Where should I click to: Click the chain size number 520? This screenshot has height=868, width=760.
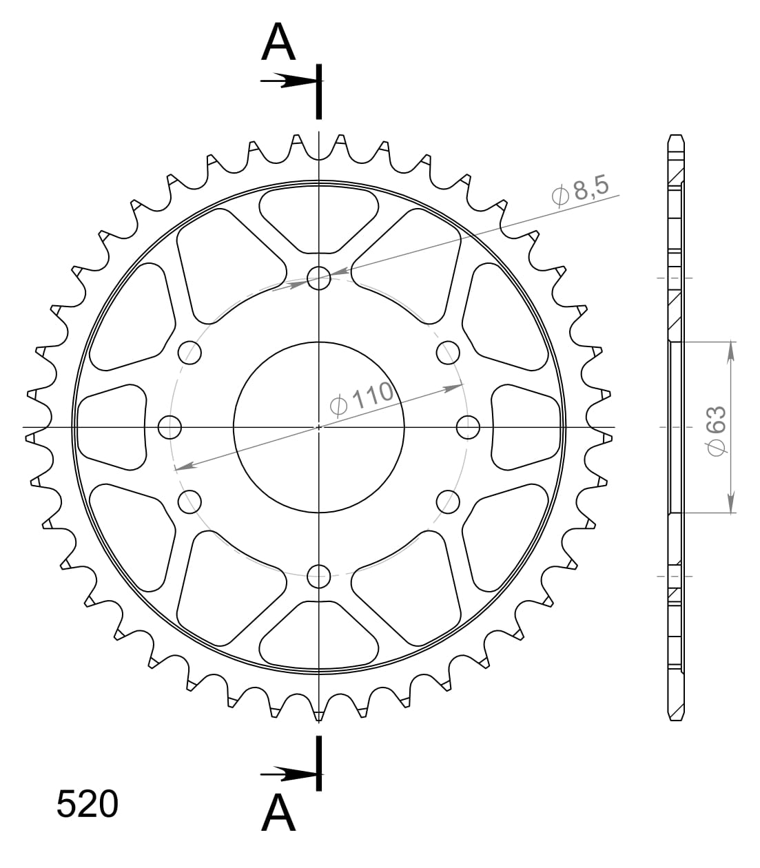coord(88,805)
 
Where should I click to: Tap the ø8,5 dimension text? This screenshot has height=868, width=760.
coord(582,192)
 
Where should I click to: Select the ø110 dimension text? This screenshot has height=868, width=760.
coord(361,399)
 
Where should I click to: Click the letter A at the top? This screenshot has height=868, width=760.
coord(279,43)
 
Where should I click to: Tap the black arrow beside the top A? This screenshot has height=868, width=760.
coord(289,81)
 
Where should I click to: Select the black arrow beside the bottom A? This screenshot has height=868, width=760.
coord(289,774)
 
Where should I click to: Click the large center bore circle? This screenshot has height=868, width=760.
coord(318,427)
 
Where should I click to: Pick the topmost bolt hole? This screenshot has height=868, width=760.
coord(318,278)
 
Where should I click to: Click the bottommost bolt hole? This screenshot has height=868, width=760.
coord(318,576)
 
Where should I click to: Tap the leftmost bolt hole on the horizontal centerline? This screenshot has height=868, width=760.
coord(170,427)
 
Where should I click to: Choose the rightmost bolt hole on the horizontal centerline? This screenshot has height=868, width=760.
coord(468,427)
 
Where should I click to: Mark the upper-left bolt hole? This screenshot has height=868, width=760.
coord(190,353)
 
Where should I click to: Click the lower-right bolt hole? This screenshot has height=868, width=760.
coord(448,502)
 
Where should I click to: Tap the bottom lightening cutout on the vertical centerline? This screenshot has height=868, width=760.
coord(318,635)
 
